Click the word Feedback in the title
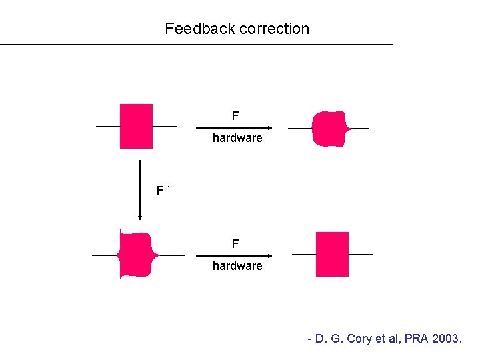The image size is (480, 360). (200, 29)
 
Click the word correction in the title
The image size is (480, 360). (274, 29)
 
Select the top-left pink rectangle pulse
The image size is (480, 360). (136, 126)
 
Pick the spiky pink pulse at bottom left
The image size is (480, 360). (137, 255)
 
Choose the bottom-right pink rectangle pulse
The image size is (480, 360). (332, 254)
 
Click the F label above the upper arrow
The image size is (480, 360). (235, 116)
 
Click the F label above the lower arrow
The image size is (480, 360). (235, 244)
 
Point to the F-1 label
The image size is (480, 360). (163, 190)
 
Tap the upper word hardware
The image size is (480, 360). (237, 138)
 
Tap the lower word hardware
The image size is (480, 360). (237, 266)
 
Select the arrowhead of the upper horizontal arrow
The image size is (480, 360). (270, 128)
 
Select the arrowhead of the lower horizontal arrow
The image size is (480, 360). (270, 256)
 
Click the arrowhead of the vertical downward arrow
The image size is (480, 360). (140, 217)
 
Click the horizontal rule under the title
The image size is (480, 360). (196, 45)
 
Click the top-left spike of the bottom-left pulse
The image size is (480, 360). (120, 231)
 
